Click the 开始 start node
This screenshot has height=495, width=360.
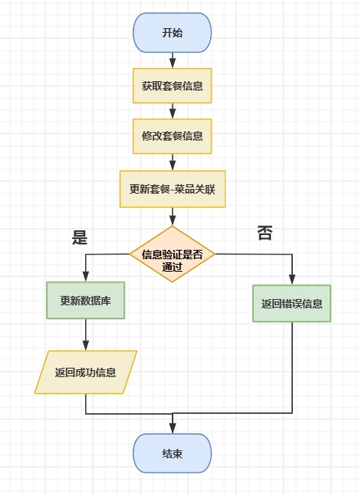pos(173,33)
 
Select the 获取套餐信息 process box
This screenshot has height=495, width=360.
pos(173,86)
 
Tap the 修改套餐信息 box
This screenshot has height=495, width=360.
pos(173,135)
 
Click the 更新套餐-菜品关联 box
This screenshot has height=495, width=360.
pos(173,189)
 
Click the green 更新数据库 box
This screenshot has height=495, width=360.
pos(85,301)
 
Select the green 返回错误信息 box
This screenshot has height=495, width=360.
pos(292,303)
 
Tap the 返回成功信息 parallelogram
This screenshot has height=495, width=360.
pos(85,372)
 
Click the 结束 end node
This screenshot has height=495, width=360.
pos(173,454)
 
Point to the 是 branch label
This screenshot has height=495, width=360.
pos(80,238)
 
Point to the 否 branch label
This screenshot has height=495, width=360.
pos(265,233)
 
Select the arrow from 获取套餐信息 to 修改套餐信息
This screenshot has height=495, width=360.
pos(173,111)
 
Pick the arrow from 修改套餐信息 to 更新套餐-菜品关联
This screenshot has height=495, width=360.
pos(173,162)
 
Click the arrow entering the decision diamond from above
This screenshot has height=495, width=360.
pos(173,218)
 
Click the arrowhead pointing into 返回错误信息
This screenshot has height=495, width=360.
pos(292,280)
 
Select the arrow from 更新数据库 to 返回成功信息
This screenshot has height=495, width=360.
pos(85,335)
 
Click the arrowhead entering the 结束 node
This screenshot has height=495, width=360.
pos(173,430)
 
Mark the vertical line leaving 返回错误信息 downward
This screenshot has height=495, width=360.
pos(292,367)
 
